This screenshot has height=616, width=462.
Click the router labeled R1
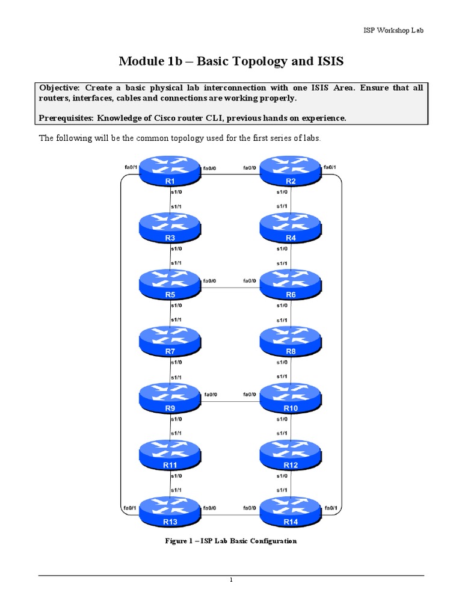point(170,172)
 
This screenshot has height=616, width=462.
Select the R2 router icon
point(291,172)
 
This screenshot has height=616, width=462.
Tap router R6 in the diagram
point(291,285)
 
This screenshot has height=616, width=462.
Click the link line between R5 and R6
point(230,286)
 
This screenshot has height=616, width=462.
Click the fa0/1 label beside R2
point(330,167)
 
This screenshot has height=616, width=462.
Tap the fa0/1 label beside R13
point(129,508)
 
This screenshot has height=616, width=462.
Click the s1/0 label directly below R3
point(177,248)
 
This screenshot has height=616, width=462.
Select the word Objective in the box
point(59,88)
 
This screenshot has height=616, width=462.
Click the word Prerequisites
point(67,118)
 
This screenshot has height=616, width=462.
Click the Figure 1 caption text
point(231,541)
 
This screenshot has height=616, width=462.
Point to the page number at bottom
point(230,581)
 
